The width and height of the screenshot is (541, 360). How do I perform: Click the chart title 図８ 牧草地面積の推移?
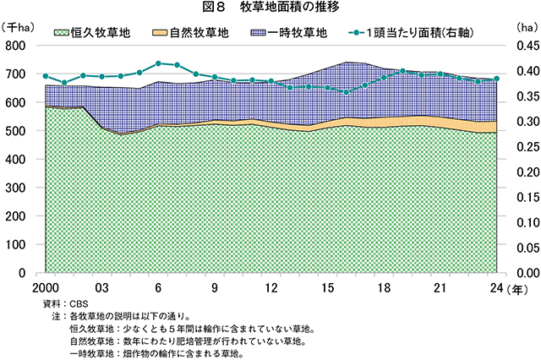[x=270, y=7]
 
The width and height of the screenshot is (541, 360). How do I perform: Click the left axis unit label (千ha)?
[x=19, y=26]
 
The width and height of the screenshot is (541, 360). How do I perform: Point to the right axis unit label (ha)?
[x=525, y=26]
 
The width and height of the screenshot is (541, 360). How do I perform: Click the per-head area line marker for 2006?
[x=158, y=63]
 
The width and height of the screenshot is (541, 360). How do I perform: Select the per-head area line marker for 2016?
[x=346, y=91]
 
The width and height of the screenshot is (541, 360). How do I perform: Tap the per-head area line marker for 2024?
[x=496, y=79]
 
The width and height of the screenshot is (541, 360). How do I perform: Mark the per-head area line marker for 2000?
[x=46, y=76]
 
